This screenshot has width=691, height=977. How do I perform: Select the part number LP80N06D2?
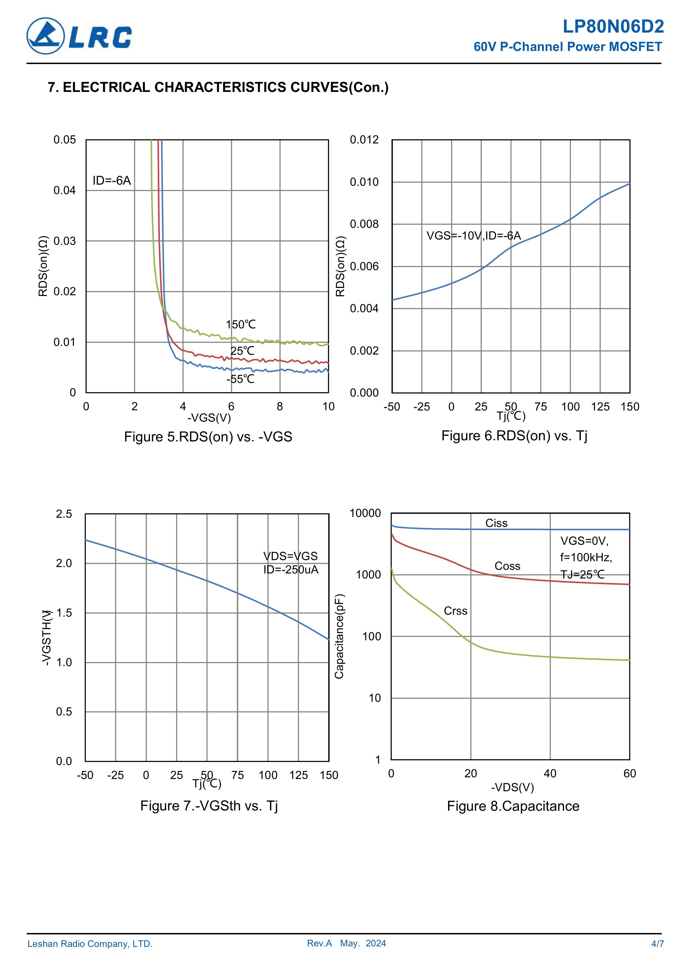[613, 27]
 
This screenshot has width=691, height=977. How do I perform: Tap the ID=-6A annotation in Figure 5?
[111, 181]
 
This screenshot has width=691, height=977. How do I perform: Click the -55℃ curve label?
[240, 379]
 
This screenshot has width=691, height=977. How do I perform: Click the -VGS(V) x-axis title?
[209, 418]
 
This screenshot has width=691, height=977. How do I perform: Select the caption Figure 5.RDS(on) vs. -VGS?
[208, 437]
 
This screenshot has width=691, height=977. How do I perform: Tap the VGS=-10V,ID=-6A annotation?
[473, 236]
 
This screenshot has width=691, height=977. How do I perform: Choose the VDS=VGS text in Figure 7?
[290, 556]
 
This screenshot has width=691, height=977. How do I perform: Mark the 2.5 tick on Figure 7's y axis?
[64, 514]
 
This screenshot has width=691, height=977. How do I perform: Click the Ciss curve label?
[497, 523]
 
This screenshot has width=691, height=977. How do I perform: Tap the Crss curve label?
[456, 611]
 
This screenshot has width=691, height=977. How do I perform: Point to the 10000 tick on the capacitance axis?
[365, 514]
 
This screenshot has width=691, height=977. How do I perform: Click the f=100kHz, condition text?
[586, 558]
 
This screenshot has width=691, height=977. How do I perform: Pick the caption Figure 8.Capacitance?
[513, 806]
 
